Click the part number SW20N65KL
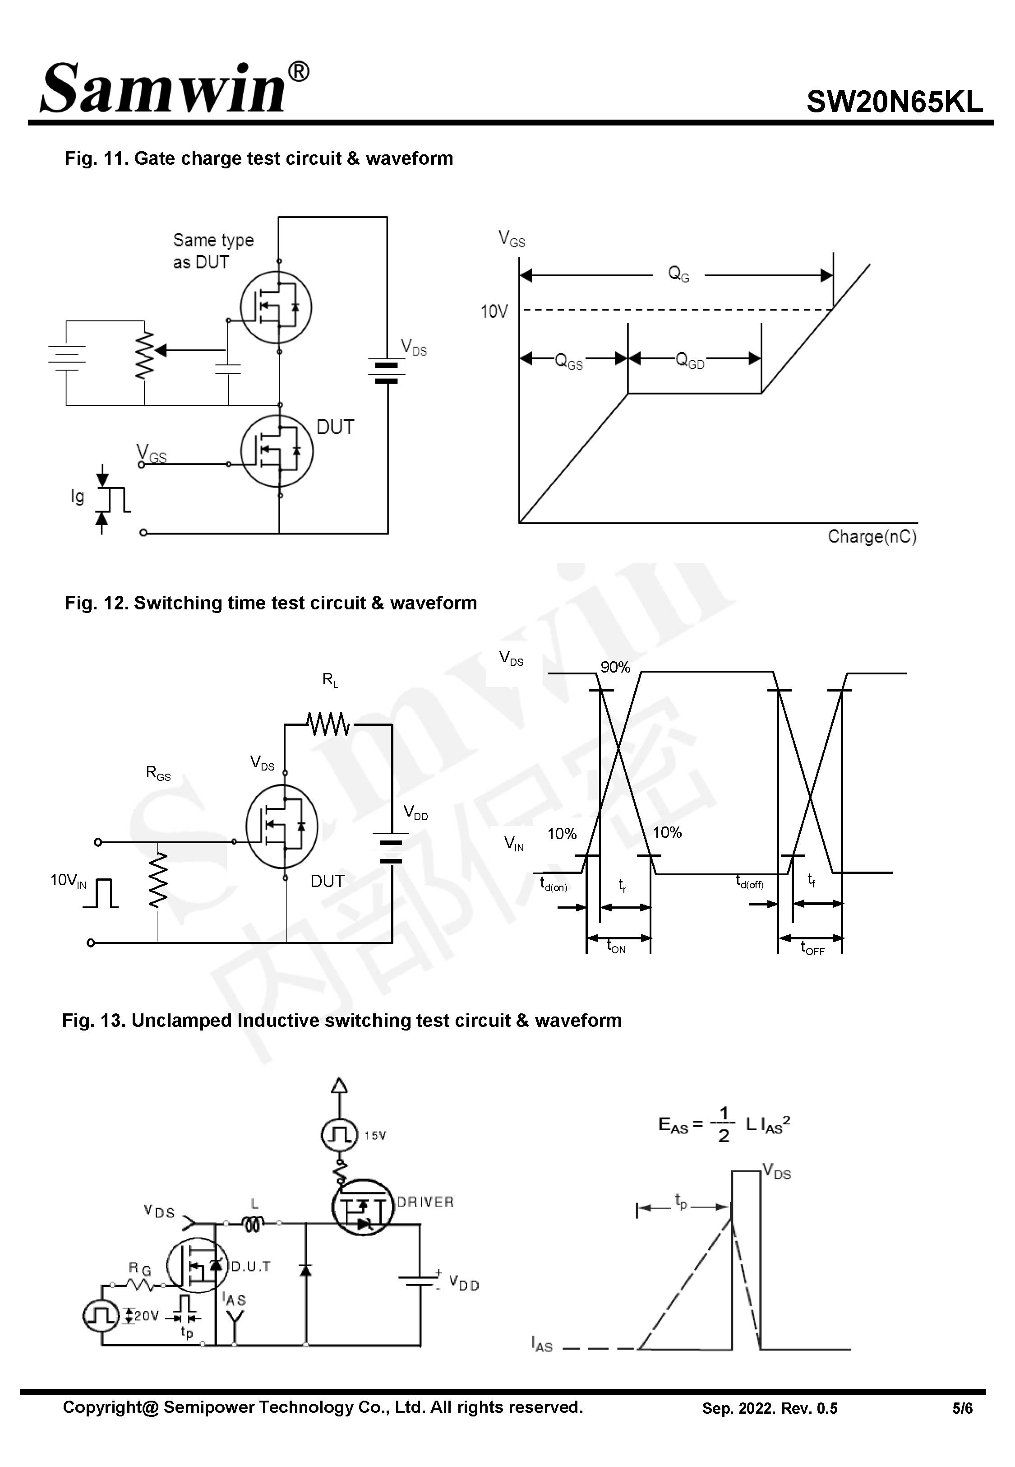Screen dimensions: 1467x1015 [894, 102]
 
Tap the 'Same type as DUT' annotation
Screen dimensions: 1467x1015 [212, 251]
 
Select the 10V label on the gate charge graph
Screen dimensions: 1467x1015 [494, 312]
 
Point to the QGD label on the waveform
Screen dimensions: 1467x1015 [689, 361]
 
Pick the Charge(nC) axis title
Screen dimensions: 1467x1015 [871, 537]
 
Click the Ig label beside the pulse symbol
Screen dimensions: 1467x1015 [78, 496]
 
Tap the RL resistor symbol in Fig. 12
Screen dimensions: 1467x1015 [328, 724]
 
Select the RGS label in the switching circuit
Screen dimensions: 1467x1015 [158, 773]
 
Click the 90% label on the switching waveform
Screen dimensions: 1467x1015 [615, 667]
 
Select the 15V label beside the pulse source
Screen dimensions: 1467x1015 [374, 1136]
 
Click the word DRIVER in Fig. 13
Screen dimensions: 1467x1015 [425, 1202]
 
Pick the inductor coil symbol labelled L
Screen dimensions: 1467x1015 [253, 1223]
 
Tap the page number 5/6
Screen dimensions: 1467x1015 [962, 1408]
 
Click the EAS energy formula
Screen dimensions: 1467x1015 [723, 1125]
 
